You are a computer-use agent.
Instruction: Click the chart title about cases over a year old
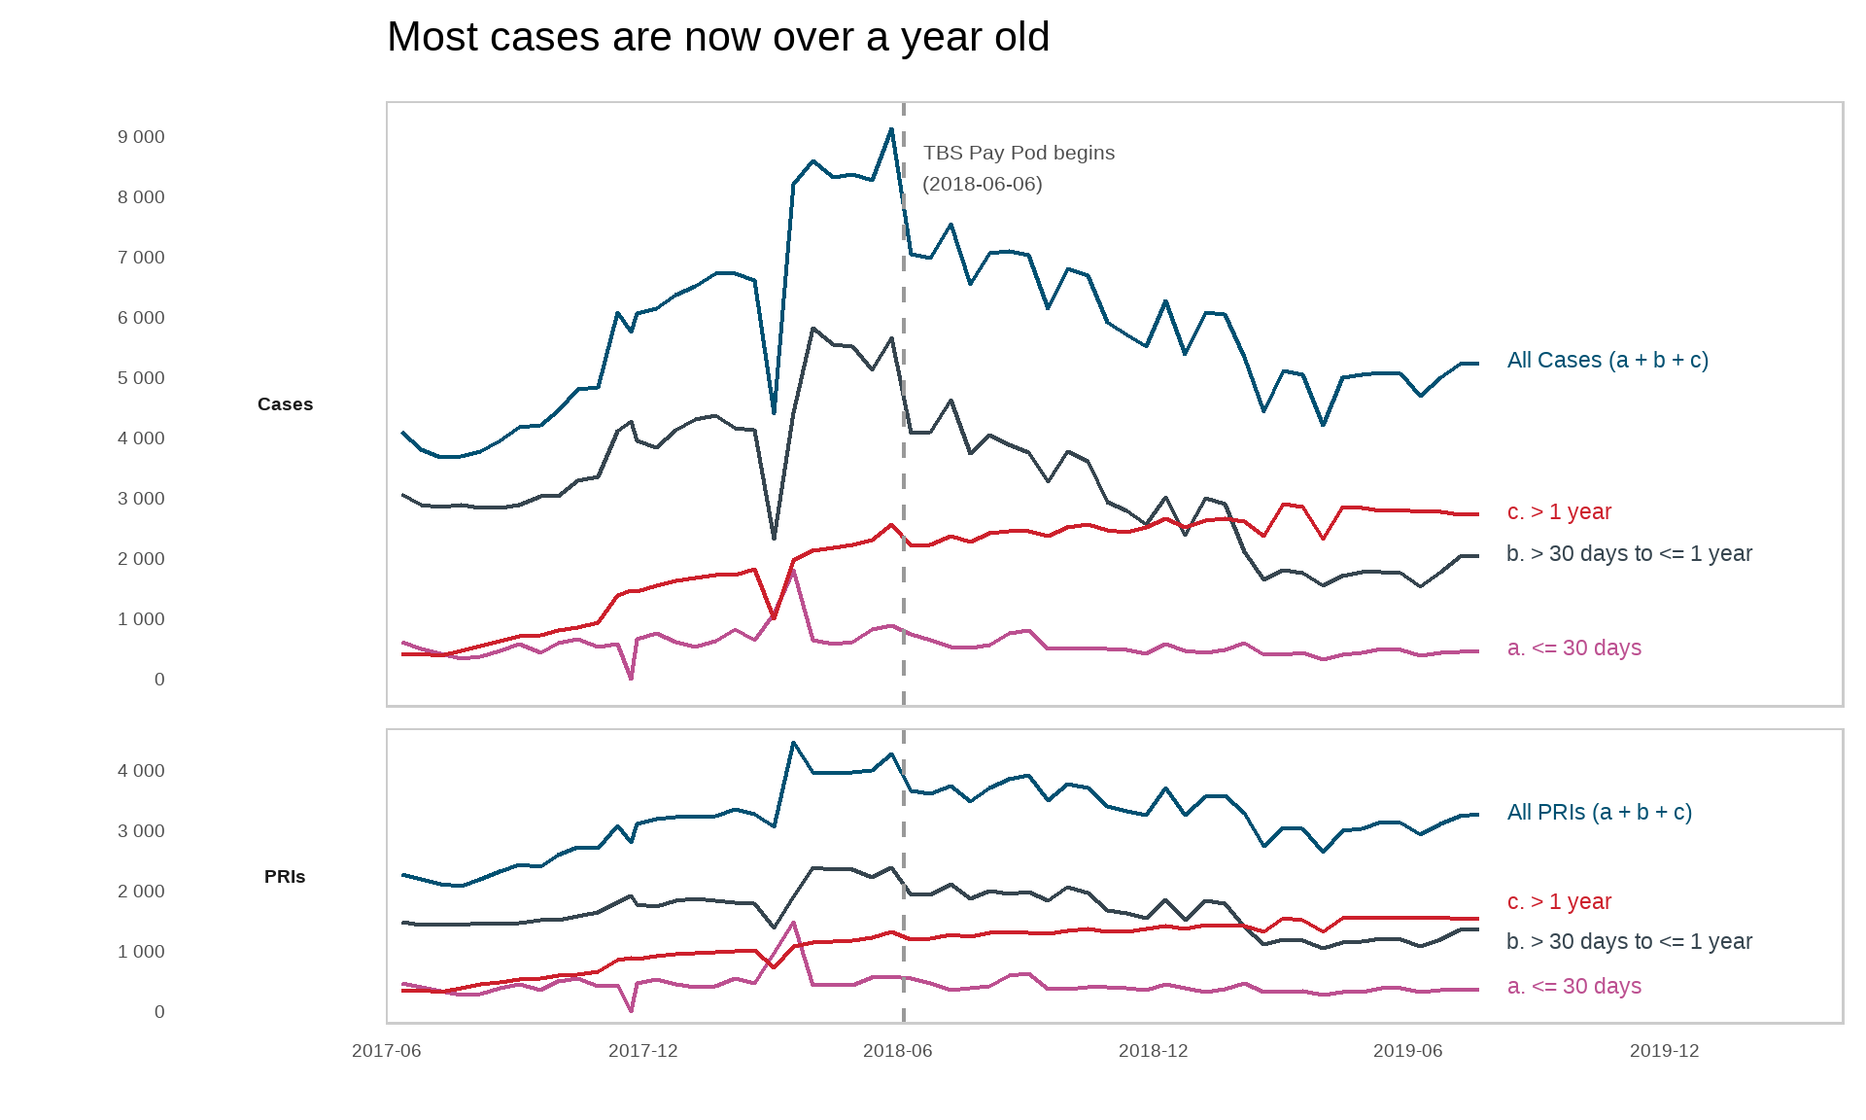717,37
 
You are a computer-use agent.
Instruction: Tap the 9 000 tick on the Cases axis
141,137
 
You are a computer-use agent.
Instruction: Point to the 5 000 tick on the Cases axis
141,378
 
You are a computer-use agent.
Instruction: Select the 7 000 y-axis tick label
141,258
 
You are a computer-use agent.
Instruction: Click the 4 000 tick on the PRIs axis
141,771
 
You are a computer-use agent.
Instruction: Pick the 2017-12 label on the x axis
642,1051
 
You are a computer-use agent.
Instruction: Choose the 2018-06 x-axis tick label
897,1051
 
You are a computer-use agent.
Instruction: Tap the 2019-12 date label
1664,1051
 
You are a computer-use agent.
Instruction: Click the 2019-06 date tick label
1407,1051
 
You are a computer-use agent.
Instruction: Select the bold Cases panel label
285,404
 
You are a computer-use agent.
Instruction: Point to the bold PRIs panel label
285,877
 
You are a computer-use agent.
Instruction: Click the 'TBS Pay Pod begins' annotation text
1019,153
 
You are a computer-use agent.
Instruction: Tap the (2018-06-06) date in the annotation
982,184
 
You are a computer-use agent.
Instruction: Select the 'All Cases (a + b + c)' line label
1607,361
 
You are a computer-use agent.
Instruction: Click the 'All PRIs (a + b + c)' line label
1599,813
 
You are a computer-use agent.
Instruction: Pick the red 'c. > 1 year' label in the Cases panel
1559,512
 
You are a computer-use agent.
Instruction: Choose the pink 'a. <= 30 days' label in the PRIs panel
1573,987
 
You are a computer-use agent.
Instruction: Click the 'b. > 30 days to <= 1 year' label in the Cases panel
1629,554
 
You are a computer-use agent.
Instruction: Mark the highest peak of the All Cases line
891,129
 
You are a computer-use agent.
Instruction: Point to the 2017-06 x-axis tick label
386,1051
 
